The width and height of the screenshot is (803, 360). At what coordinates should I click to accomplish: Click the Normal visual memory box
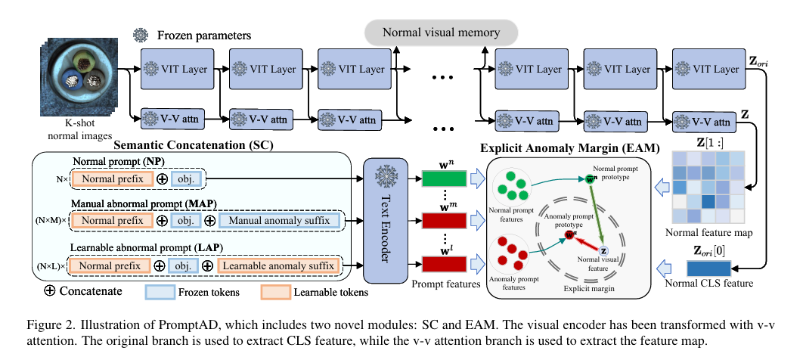[x=442, y=33]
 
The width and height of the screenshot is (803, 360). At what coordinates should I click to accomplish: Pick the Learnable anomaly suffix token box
[x=278, y=266]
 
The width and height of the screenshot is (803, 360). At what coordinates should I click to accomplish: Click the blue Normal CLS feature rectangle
[x=708, y=268]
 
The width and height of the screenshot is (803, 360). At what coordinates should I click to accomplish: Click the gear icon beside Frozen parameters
[x=141, y=35]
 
